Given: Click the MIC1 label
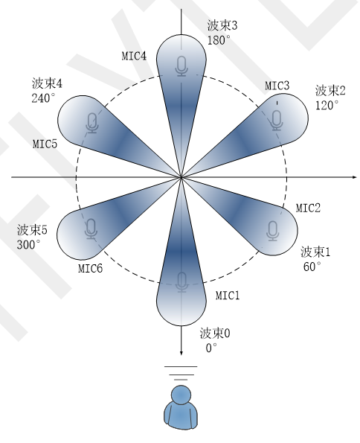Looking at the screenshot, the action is pos(228,296).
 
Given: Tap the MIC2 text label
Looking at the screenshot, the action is pos(308,208).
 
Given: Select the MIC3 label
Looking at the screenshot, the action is pos(277,86).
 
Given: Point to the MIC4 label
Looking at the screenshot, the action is pos(134,56).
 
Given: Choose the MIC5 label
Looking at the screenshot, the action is pos(45,144).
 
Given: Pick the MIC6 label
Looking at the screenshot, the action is pos(90,268).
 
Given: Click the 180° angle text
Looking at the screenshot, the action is pos(217,40).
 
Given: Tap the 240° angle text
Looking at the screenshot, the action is pos(43,98).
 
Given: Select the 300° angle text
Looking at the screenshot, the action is pos(28,245).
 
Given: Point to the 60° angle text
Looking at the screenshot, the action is pos(312,267).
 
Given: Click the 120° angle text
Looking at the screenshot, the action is pos(327,106).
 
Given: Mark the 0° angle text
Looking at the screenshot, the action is pos(211,348).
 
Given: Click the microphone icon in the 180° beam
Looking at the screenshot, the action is pos(181,66).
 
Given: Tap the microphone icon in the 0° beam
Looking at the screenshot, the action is pos(181,282).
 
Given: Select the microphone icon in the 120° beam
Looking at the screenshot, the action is pos(277,121).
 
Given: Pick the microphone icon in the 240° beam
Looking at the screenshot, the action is pos(92,123).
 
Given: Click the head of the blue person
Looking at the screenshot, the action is pos(181,395).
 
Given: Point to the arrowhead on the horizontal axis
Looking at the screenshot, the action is pos(355,177).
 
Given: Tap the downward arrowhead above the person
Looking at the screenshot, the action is pos(181,353).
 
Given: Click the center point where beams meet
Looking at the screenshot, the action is pos(181,177).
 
